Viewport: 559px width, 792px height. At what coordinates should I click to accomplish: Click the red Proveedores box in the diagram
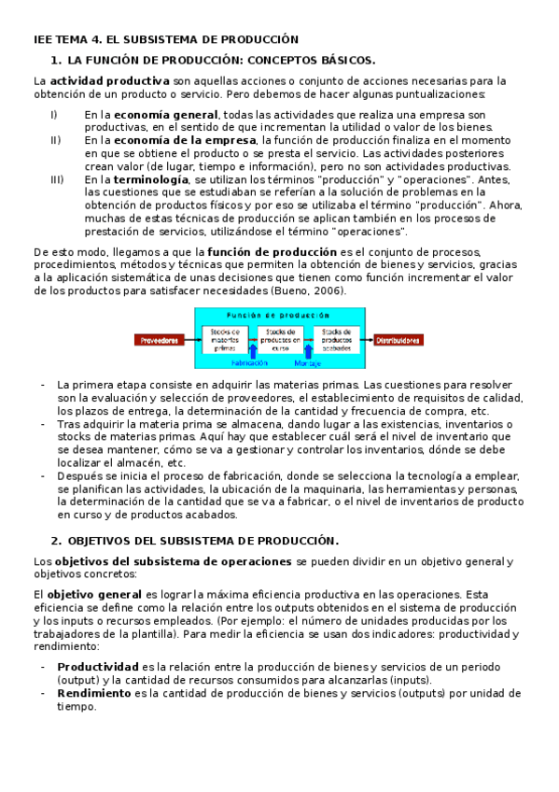point(160,341)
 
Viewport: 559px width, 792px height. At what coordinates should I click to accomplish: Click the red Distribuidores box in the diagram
point(399,341)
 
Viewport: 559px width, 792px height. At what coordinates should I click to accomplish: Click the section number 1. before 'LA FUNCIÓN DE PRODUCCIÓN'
point(56,60)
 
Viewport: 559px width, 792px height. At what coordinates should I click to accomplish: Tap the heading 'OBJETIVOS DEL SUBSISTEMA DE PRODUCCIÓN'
point(203,541)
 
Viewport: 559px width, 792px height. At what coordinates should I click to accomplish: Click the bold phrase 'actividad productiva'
point(109,80)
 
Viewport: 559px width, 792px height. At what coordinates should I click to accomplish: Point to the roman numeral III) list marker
point(57,178)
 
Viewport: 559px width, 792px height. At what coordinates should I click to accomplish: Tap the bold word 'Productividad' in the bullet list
point(97,667)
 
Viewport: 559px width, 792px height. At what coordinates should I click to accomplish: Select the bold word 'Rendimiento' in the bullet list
point(94,694)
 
